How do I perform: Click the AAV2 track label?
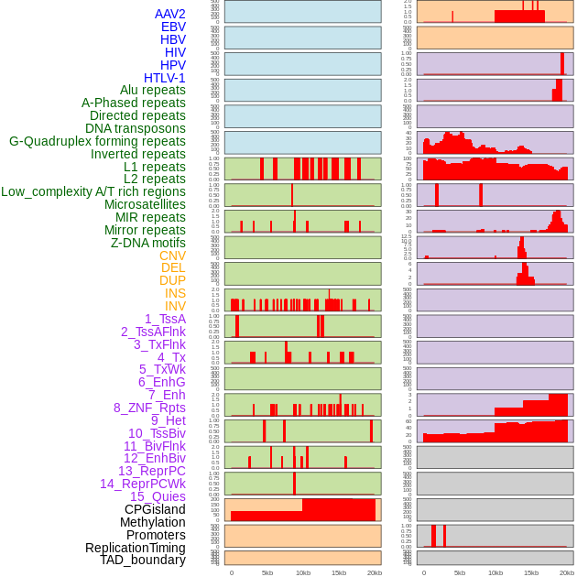click(x=169, y=14)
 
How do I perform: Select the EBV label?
click(x=173, y=27)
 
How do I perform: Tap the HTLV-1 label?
click(x=164, y=78)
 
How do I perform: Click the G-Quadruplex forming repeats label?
click(x=97, y=141)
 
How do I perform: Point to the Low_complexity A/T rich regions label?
click(x=93, y=191)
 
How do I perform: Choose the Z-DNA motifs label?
click(x=147, y=243)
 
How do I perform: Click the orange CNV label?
click(x=172, y=256)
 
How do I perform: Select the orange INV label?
click(x=175, y=306)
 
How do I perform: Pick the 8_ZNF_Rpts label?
click(x=149, y=408)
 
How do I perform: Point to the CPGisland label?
click(x=155, y=509)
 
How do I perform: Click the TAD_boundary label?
click(x=142, y=560)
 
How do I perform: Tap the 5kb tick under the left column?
click(x=267, y=572)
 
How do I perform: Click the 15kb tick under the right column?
click(x=531, y=572)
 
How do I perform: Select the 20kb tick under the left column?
click(x=375, y=572)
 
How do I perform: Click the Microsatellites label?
click(x=145, y=204)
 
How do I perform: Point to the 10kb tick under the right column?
click(x=495, y=572)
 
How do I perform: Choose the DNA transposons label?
click(x=136, y=128)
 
